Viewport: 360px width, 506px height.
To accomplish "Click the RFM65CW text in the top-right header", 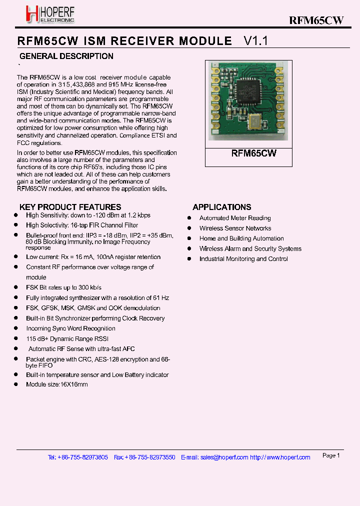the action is (x=316, y=20).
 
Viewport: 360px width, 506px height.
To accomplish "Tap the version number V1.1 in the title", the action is (x=255, y=41).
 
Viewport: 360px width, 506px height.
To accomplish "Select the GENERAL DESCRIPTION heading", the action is (x=66, y=56).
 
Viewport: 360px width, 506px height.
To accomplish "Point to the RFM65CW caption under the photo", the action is (x=253, y=153).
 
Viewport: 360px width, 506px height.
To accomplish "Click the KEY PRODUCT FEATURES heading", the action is (x=70, y=207).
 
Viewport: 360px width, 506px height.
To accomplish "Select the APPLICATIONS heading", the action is (x=221, y=207).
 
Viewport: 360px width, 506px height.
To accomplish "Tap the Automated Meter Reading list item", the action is (x=235, y=218).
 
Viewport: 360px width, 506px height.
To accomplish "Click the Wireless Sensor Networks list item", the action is (x=235, y=228).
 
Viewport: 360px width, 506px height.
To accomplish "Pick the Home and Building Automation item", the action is (x=241, y=238).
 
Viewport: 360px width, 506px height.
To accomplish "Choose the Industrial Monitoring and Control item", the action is (x=243, y=259).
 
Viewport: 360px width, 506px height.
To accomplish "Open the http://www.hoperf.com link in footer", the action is (x=280, y=457).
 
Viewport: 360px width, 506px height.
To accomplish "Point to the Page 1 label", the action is (x=331, y=455).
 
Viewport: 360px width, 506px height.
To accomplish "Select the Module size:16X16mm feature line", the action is (x=57, y=384).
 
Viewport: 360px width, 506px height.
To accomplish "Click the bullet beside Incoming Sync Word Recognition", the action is (x=15, y=328).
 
